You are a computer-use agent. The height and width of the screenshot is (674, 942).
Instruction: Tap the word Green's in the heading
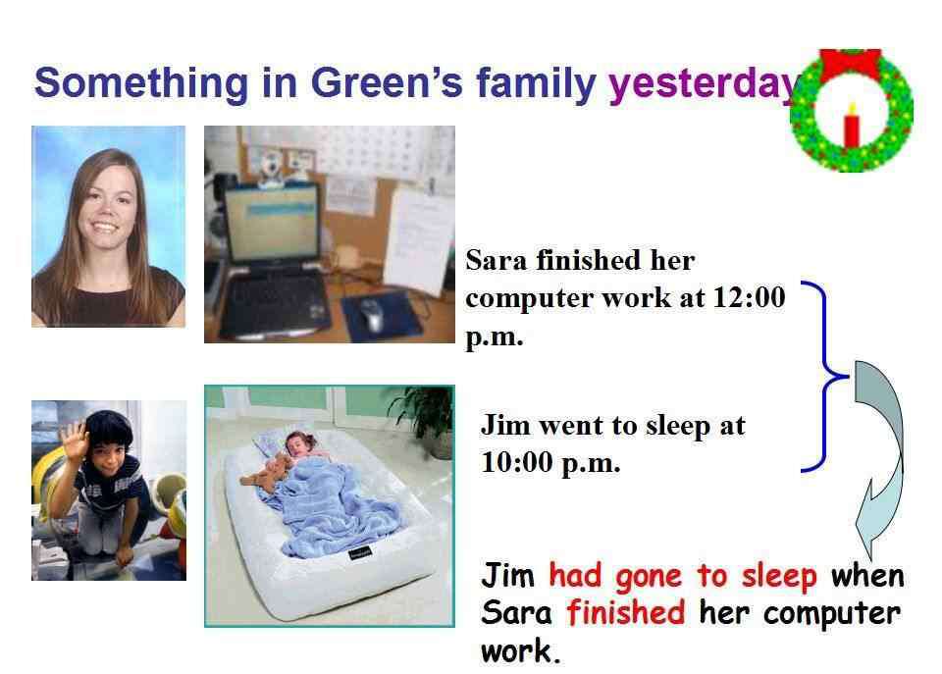coord(387,82)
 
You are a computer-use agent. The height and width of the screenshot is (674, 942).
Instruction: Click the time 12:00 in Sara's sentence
coord(749,297)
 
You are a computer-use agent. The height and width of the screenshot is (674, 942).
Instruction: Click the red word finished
coord(625,613)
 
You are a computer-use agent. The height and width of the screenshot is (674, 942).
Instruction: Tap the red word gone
coord(649,577)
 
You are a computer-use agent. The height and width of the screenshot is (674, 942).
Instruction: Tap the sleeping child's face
coord(298,445)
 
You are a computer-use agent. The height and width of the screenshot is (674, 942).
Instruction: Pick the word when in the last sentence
coord(867,576)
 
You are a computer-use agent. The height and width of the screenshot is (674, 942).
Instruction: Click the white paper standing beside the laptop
coord(418,241)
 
